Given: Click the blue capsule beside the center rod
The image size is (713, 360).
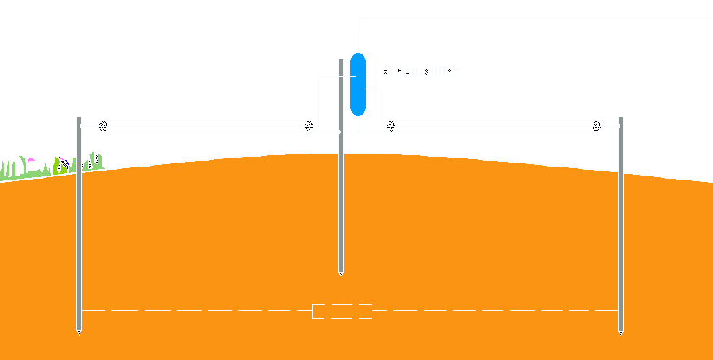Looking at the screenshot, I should point(358,84).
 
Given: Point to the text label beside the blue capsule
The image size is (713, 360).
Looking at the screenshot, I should point(420,72).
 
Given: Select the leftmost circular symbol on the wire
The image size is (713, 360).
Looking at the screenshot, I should point(103,126).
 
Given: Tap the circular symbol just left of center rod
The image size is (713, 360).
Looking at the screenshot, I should point(308,126).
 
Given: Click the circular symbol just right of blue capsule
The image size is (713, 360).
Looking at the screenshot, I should point(391,126).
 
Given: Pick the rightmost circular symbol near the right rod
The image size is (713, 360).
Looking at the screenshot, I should point(597,126).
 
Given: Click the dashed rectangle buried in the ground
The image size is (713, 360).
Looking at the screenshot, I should point(342,310).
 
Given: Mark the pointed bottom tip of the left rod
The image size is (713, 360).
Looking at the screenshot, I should point(79,332).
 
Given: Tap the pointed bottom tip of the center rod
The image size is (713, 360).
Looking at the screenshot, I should point(341,275).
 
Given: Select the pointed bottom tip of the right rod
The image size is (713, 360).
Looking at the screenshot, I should point(621,332).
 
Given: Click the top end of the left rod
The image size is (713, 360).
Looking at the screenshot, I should point(79,119).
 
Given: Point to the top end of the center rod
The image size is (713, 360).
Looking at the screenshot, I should point(341,60).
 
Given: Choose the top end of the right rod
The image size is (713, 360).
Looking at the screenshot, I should point(621,119).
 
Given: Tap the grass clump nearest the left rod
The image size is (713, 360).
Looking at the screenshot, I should point(95,162).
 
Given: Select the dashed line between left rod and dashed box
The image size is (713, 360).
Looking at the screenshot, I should point(195,310).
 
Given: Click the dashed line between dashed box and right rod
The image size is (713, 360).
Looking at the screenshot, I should point(496,310).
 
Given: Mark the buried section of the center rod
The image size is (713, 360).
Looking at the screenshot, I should point(341,211).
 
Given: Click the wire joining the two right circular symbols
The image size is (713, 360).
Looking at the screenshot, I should point(493,126).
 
